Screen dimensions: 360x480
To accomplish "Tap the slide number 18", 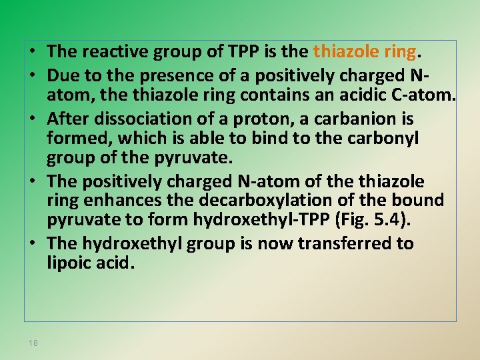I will coord(33,343).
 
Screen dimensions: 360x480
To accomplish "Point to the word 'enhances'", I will coord(115,200).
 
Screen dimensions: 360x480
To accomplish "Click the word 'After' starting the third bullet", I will coord(66,119).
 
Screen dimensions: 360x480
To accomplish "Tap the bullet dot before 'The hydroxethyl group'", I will coord(32,244).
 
